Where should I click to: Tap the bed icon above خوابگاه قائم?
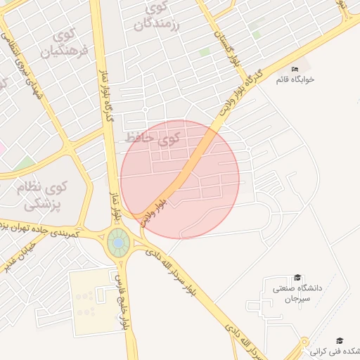[295, 68]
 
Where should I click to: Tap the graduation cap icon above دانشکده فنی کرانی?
[340, 340]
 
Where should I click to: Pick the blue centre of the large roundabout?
[118, 243]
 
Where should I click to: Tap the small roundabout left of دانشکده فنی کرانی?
[304, 345]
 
